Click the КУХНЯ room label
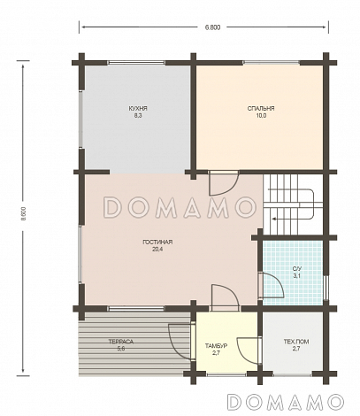[138, 109]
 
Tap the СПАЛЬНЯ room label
[261, 109]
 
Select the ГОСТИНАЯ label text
[157, 243]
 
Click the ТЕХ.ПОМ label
[296, 342]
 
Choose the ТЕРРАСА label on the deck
[121, 342]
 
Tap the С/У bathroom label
[296, 269]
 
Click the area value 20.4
[157, 250]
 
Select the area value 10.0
[261, 116]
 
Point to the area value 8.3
[138, 116]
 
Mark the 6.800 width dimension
[212, 27]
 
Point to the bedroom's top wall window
[272, 63]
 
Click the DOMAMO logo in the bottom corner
[286, 402]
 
